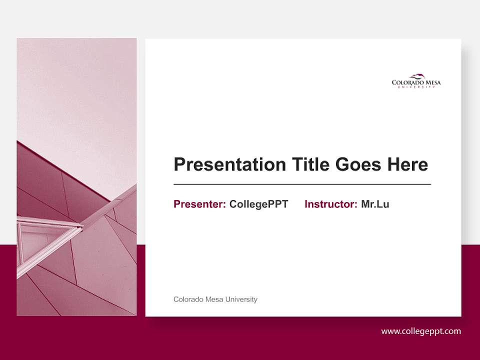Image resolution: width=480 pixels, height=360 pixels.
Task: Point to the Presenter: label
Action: (199, 204)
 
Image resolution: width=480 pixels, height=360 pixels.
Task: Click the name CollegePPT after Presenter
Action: (258, 204)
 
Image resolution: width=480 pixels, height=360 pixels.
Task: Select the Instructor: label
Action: (330, 204)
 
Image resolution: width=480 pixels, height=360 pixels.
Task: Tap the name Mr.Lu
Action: (375, 204)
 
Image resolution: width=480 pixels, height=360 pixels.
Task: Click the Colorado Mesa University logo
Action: (416, 81)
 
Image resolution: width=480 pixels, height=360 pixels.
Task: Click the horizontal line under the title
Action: (302, 184)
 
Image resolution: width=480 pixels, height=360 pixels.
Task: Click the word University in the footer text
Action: (241, 299)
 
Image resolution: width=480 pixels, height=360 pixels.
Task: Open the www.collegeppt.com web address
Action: (421, 331)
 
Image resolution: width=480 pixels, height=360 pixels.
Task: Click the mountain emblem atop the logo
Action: (417, 76)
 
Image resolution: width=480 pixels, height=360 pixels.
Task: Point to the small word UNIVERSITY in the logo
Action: (416, 87)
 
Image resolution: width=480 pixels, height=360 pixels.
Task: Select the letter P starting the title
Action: (179, 164)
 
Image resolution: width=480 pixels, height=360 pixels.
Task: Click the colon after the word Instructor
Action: (356, 204)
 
